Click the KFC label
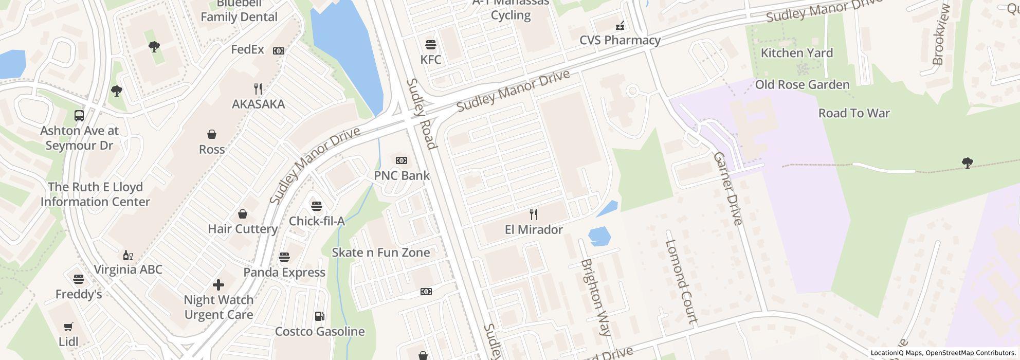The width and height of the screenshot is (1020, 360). pos(431,60)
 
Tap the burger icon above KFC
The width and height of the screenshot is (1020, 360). pos(431,45)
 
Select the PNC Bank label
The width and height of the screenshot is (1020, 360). pos(402,175)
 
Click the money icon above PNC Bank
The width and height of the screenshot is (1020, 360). pos(402,160)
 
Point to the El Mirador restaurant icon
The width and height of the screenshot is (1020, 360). pos(534,214)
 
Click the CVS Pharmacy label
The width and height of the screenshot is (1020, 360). pos(620,40)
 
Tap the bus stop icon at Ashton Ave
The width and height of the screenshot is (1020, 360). pos(79,116)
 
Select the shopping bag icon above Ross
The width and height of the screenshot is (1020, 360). pos(212,134)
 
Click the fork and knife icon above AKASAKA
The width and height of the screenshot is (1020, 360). pos(258,89)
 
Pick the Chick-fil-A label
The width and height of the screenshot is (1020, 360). pos(317,221)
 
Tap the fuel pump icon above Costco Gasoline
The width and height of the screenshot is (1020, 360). pos(319,316)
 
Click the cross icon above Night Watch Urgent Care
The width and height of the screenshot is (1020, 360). pos(218,284)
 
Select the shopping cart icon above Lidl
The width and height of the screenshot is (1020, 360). pos(68,327)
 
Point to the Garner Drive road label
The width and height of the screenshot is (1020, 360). pos(728,189)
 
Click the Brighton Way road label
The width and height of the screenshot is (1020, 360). pos(596,297)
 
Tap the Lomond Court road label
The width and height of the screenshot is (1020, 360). pos(681,281)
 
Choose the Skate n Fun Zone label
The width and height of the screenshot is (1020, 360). pos(380,253)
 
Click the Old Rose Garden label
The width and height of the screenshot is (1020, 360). pos(802,85)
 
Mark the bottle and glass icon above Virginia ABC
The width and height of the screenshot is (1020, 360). pos(128,255)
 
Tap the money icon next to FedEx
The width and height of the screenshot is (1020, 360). pos(279,51)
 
